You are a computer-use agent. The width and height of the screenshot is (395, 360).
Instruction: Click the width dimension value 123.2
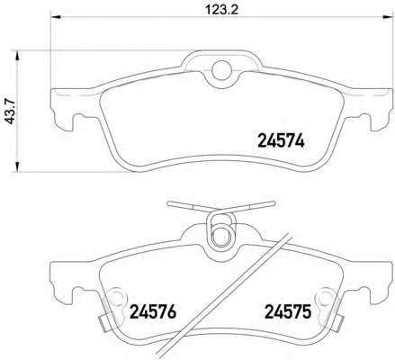point(221,10)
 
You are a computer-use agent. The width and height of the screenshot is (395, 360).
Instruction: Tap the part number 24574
point(281,140)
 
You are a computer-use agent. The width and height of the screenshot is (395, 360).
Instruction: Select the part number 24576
point(153,311)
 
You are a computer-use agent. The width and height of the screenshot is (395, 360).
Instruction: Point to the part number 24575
point(288,311)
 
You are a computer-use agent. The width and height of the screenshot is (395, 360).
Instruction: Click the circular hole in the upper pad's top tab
point(222,70)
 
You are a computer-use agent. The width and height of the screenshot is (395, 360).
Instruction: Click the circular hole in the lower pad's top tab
point(222,237)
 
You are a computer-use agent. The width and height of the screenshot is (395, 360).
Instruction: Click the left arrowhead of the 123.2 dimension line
point(56,17)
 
